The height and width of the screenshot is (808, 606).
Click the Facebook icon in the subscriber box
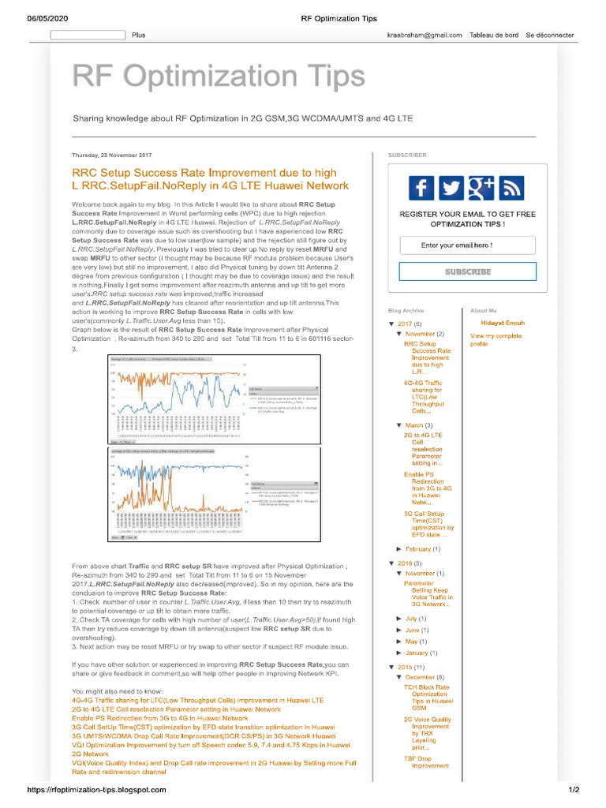tap(421, 188)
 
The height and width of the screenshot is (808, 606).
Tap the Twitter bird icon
tap(451, 188)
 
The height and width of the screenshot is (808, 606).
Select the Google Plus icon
tap(481, 188)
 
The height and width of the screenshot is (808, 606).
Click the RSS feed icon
tap(511, 188)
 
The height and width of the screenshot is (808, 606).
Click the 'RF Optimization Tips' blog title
tap(219, 77)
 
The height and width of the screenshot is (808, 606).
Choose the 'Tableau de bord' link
tap(493, 36)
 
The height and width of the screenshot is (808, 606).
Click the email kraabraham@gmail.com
tap(424, 36)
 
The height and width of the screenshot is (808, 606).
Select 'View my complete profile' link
tap(495, 340)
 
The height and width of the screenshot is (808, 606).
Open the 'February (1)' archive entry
tap(423, 548)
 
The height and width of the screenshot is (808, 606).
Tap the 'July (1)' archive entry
tap(416, 619)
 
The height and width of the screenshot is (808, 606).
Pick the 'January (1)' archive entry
tap(421, 653)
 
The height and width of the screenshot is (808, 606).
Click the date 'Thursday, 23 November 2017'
tap(112, 155)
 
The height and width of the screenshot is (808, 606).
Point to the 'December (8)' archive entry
tap(425, 677)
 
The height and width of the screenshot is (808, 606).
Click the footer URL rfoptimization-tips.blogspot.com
tap(86, 790)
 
